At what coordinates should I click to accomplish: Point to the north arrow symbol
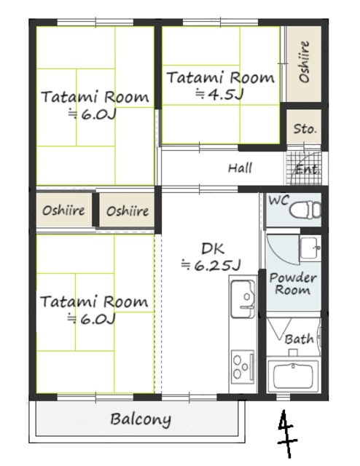[x=286, y=436]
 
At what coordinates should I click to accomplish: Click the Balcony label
[x=141, y=419]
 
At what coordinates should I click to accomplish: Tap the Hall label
[x=240, y=168]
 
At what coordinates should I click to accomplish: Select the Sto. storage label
[x=305, y=129]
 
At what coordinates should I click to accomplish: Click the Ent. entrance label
[x=306, y=170]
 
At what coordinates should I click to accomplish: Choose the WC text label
[x=277, y=200]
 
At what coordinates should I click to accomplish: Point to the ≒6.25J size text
[x=211, y=265]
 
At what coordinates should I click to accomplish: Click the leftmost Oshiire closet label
[x=63, y=210]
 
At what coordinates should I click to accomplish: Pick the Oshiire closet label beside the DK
[x=128, y=211]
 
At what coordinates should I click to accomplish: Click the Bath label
[x=299, y=339]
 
